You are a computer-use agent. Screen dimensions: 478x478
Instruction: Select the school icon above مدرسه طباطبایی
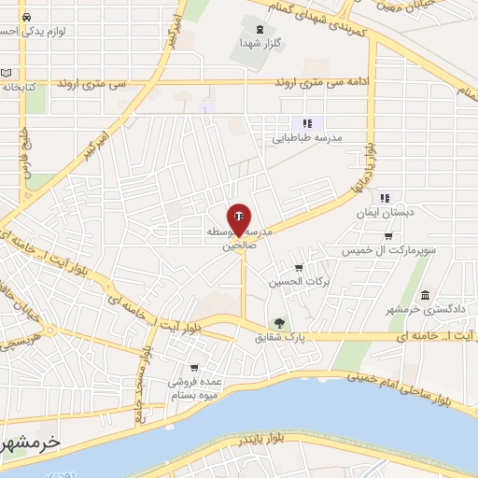point(305,123)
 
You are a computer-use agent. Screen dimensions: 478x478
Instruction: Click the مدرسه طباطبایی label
point(308,137)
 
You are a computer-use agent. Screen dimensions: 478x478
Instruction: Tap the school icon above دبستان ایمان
point(384,198)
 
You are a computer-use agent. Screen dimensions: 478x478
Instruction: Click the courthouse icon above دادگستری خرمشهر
point(425,295)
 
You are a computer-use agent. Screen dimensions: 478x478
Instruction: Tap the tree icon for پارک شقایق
point(276,324)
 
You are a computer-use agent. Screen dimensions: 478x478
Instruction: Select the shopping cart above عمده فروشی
point(193,367)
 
